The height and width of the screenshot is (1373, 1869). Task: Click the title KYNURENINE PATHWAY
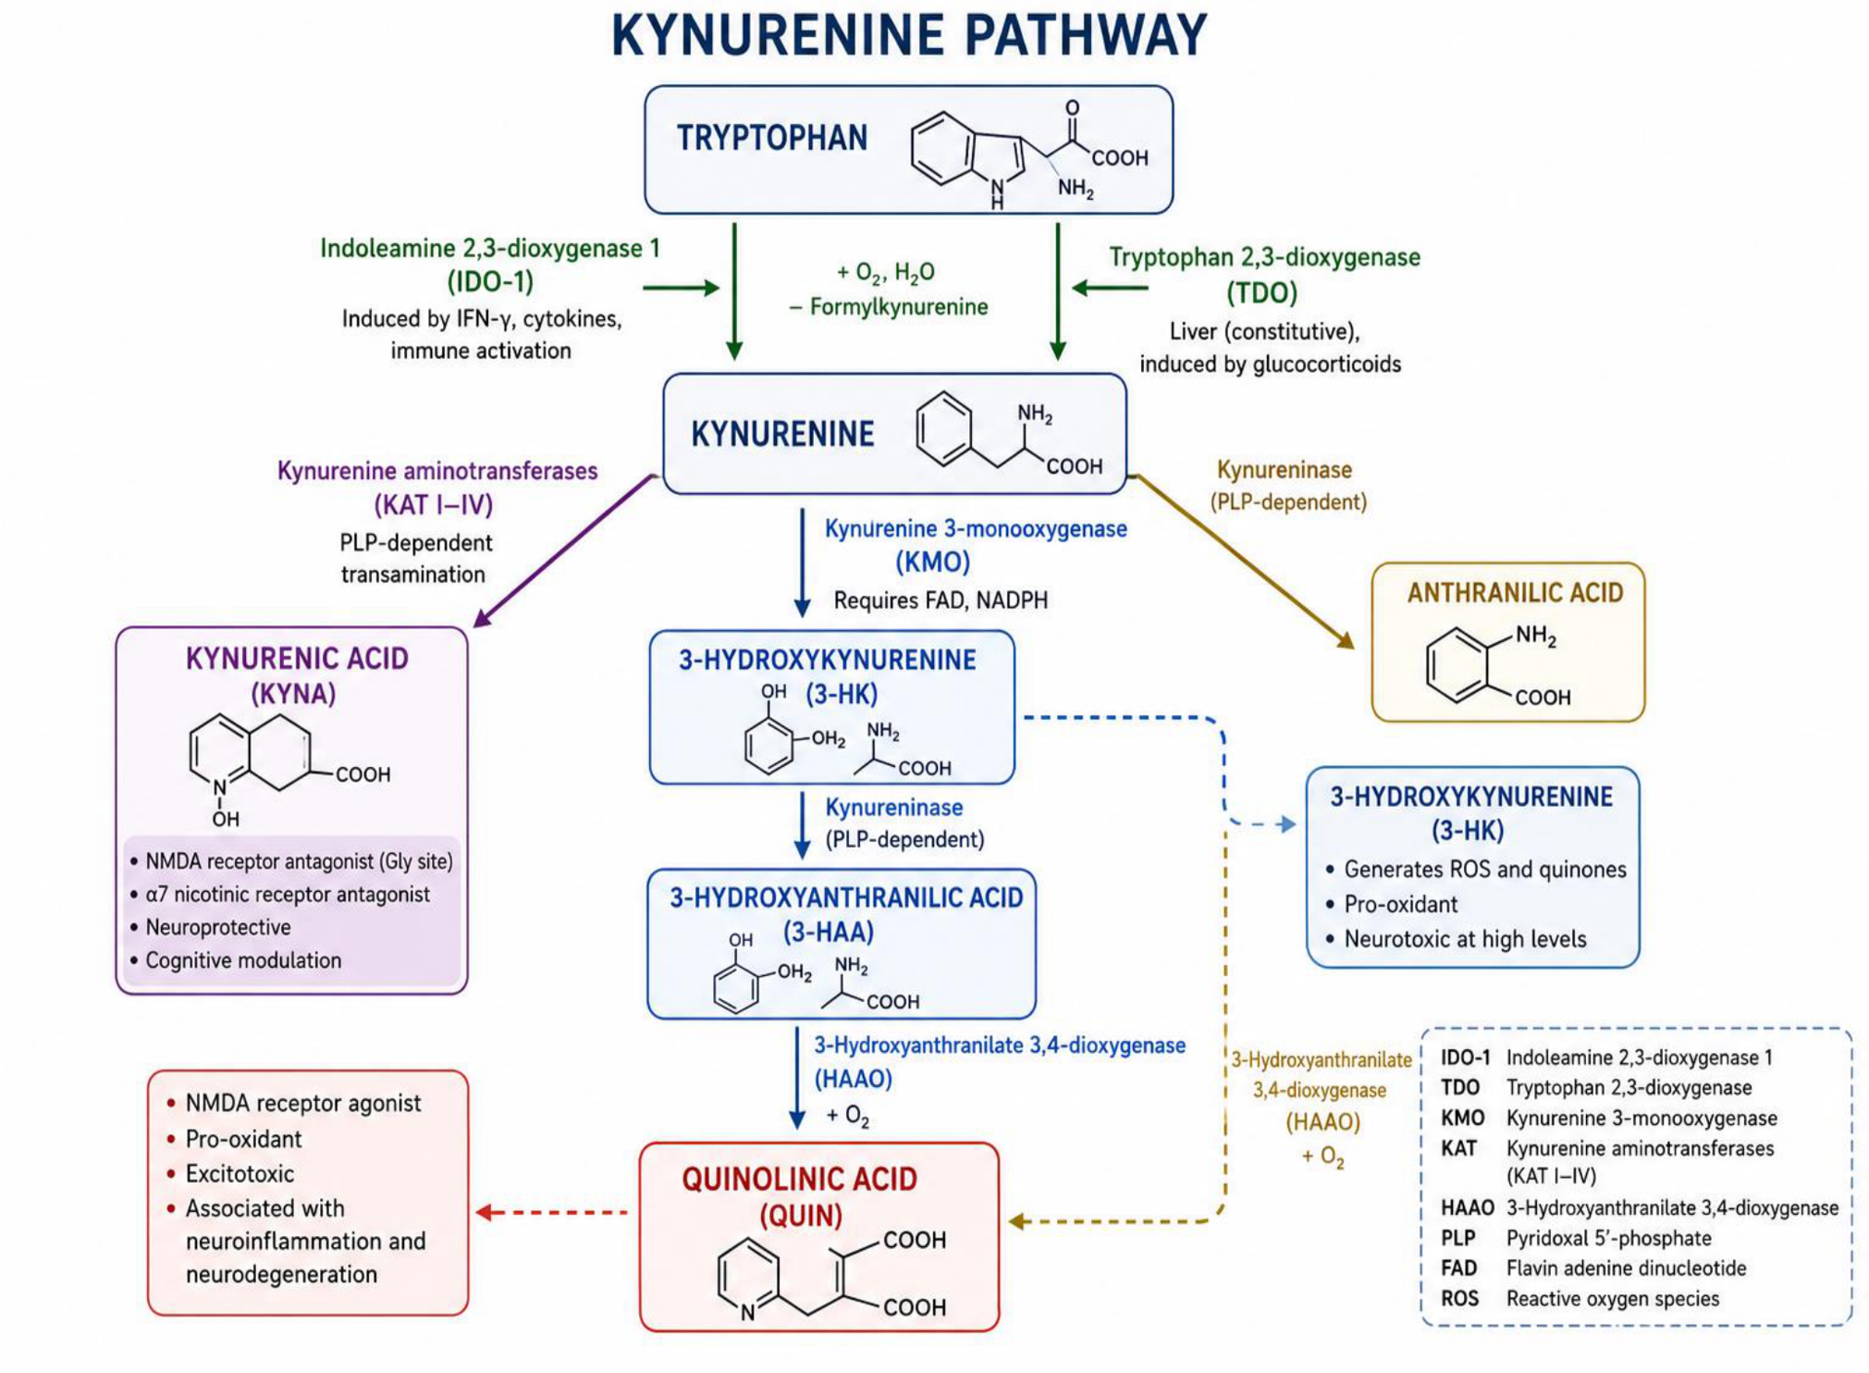(909, 35)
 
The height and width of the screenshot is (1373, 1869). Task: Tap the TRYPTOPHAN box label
(772, 138)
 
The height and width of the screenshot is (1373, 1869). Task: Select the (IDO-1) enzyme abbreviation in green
(490, 281)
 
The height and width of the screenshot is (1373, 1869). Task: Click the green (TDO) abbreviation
(1262, 293)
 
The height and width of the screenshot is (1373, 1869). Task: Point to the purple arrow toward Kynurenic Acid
(565, 551)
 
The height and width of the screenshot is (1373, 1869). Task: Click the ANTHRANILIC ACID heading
(1515, 593)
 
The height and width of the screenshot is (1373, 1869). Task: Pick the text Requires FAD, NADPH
(941, 600)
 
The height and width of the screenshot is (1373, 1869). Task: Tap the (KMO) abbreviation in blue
(932, 562)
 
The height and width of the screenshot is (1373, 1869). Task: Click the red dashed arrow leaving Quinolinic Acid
(551, 1212)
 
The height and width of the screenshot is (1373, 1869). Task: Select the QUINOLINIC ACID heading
(800, 1179)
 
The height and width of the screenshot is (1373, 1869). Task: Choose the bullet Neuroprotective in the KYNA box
(218, 927)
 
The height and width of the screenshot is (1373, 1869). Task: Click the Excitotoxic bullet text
(240, 1174)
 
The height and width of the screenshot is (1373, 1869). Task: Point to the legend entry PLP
(1457, 1238)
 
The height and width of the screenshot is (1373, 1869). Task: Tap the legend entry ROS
(1459, 1299)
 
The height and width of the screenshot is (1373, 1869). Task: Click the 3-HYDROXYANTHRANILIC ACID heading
(846, 897)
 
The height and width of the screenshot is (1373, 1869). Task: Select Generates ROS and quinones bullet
(1484, 870)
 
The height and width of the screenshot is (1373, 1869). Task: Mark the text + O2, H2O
(885, 273)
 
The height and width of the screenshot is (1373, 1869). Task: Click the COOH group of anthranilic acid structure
(1543, 698)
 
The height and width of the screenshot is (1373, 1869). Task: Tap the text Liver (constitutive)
(1264, 331)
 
